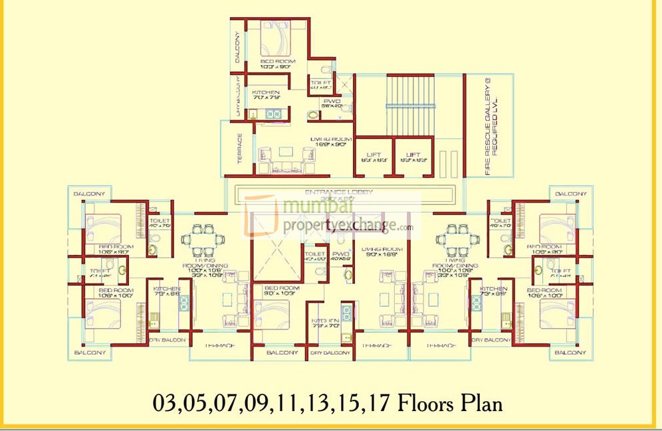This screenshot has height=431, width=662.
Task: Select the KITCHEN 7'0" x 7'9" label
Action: pos(266,95)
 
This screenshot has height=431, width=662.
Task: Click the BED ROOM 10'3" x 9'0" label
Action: pos(278,64)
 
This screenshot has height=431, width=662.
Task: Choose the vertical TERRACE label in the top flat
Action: pos(239,150)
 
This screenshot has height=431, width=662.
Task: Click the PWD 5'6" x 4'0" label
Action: pos(331,103)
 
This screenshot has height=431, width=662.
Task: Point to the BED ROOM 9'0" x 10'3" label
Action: pos(281,290)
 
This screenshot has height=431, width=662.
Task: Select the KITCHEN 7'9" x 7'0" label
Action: pos(325,323)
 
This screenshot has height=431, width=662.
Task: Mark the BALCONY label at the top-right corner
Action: pos(571,194)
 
